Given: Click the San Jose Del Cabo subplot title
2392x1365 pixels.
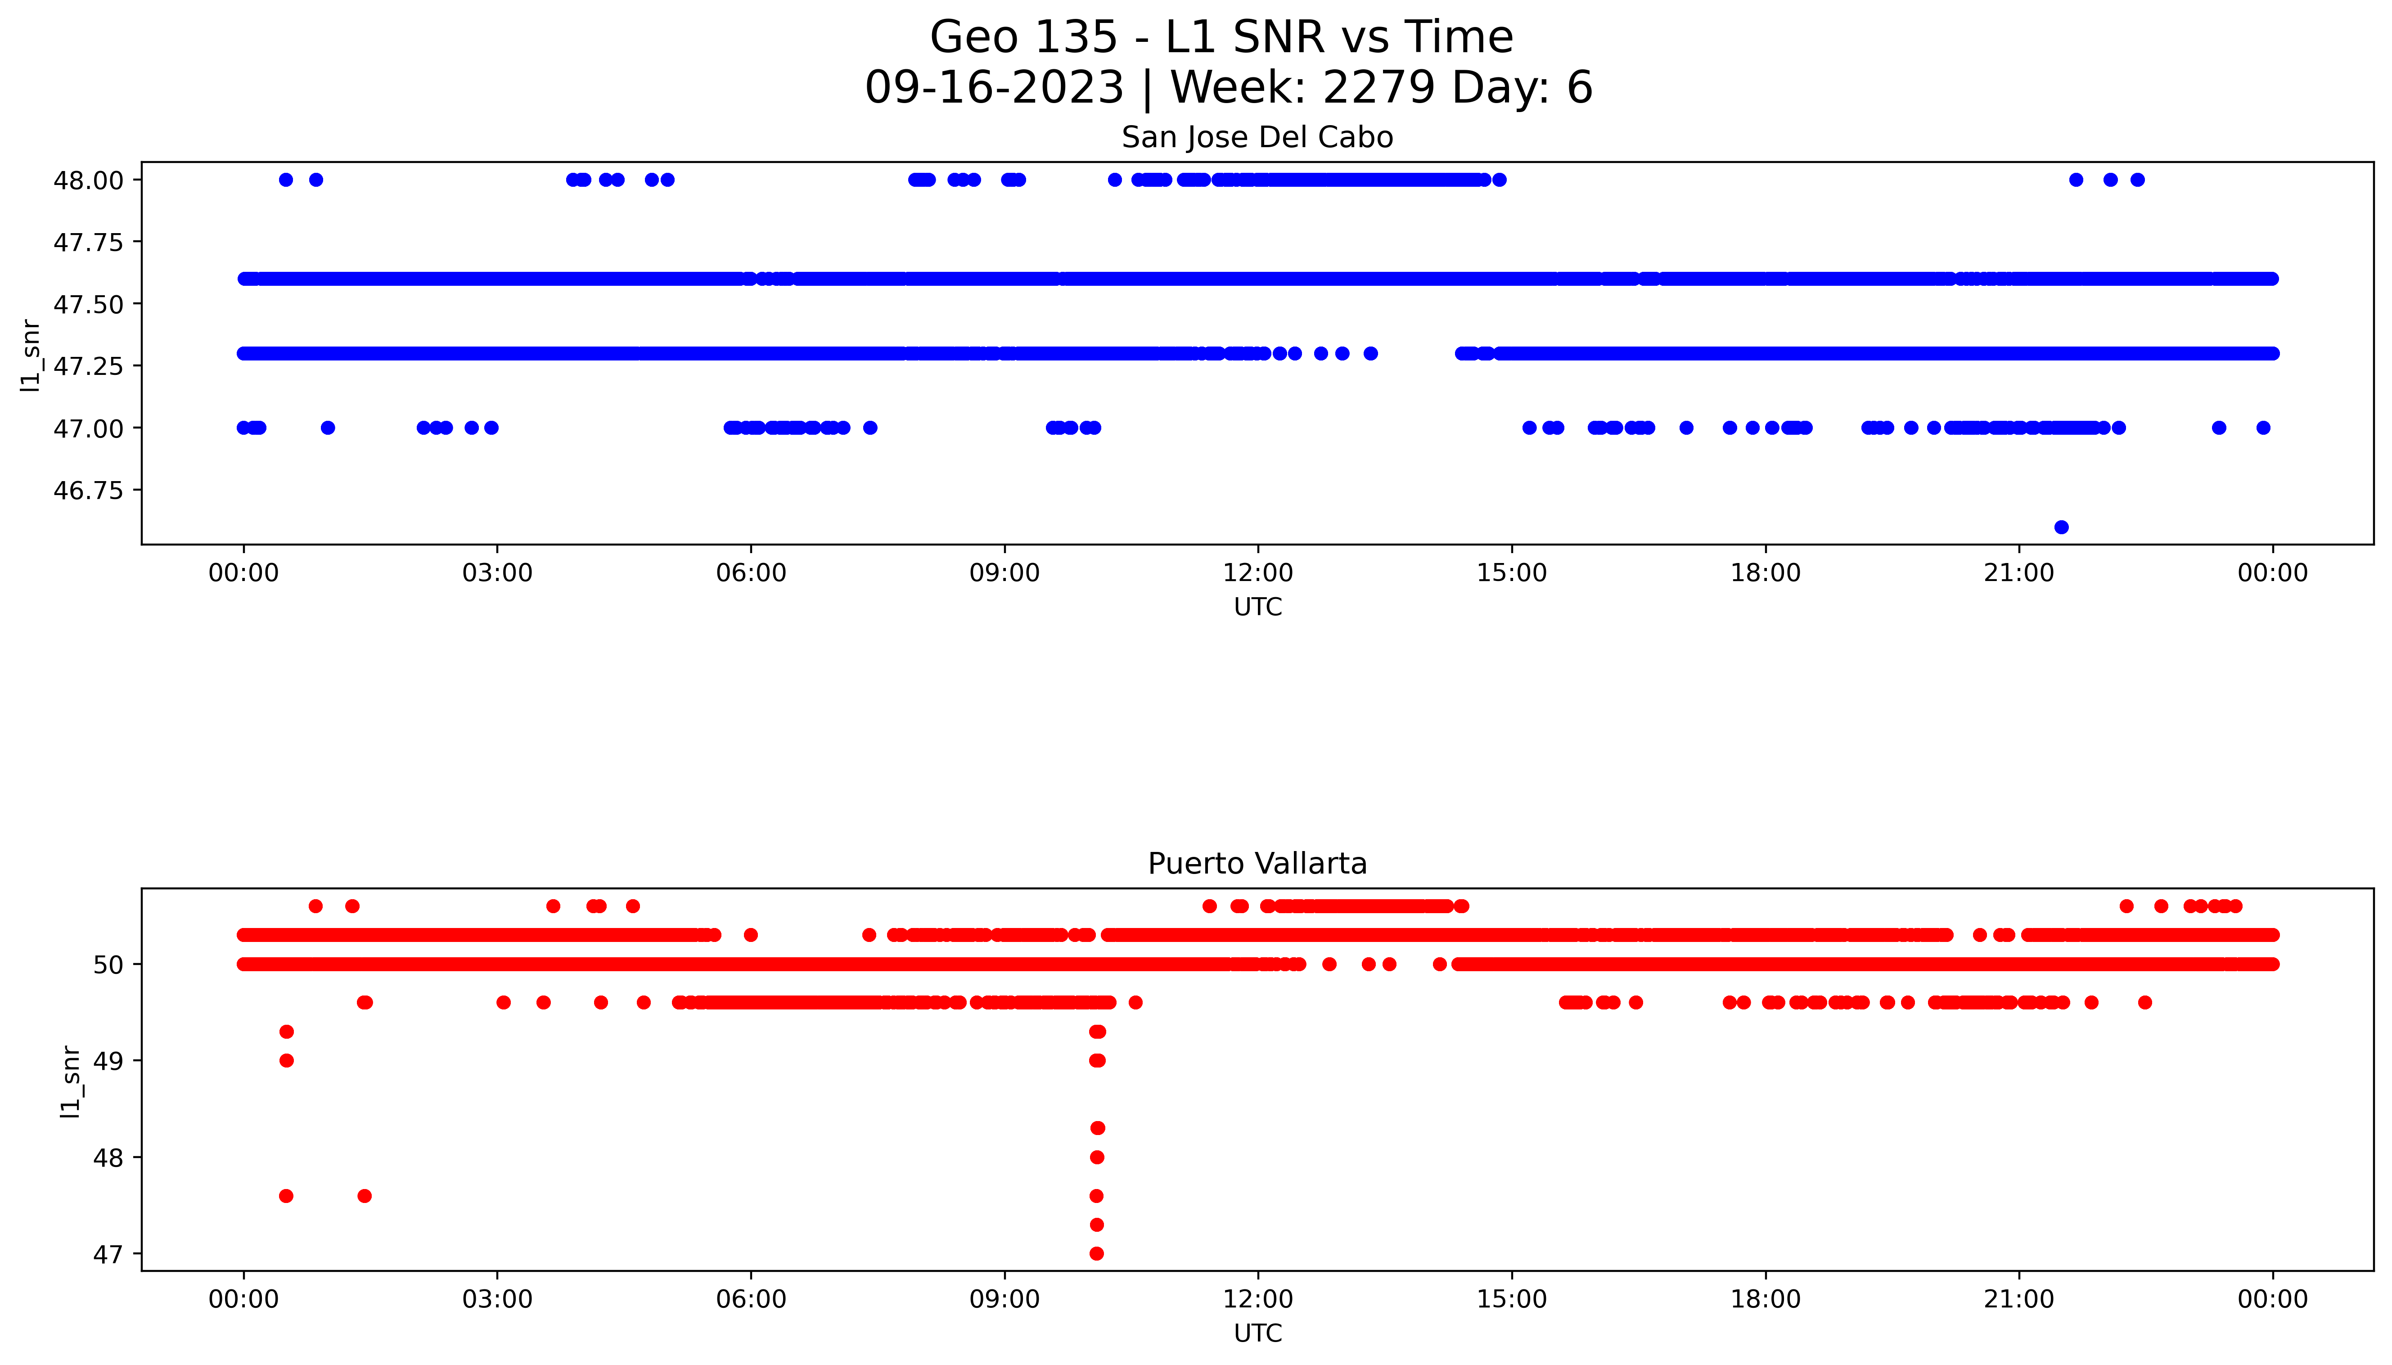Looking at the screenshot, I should pyautogui.click(x=1257, y=138).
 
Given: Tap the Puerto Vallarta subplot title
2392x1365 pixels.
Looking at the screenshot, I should pyautogui.click(x=1257, y=864).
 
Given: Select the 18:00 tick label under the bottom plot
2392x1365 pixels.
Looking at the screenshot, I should pyautogui.click(x=1765, y=1299).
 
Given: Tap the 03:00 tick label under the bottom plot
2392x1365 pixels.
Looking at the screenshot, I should pyautogui.click(x=497, y=1299).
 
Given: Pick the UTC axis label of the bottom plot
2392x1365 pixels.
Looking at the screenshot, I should pyautogui.click(x=1257, y=1333).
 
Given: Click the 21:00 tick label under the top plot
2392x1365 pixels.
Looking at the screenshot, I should pyautogui.click(x=2019, y=573).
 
